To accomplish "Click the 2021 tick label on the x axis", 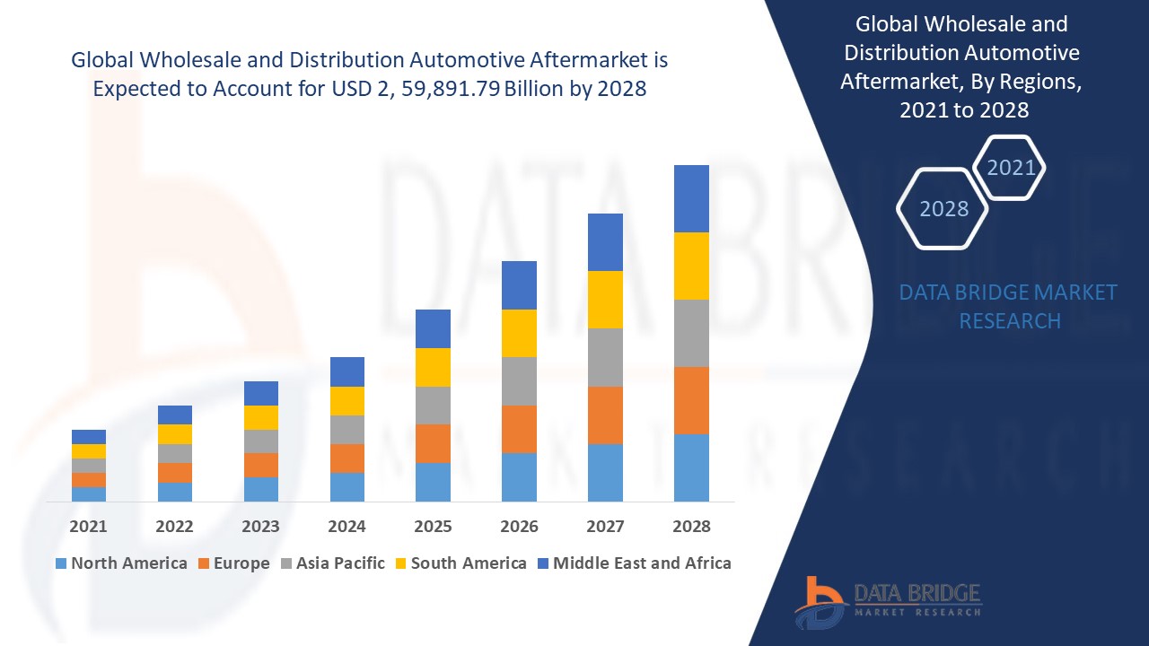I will pos(88,527).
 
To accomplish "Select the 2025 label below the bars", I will pos(433,527).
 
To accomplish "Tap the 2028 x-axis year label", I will pos(691,527).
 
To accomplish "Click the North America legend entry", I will pos(121,563).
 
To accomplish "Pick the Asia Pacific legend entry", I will pos(333,563).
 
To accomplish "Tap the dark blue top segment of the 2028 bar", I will pos(691,198).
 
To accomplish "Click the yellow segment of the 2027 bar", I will pos(605,299).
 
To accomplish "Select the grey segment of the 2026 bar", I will pos(519,381).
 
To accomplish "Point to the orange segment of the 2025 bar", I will pos(433,443).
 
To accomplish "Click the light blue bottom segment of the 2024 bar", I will pos(346,486).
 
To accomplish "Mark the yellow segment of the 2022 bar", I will pos(174,434).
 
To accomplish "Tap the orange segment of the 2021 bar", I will pos(89,480).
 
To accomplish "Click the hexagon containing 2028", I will pos(943,208).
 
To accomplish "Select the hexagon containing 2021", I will pos(1010,168).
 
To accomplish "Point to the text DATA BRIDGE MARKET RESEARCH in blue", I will pos(1008,307).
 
